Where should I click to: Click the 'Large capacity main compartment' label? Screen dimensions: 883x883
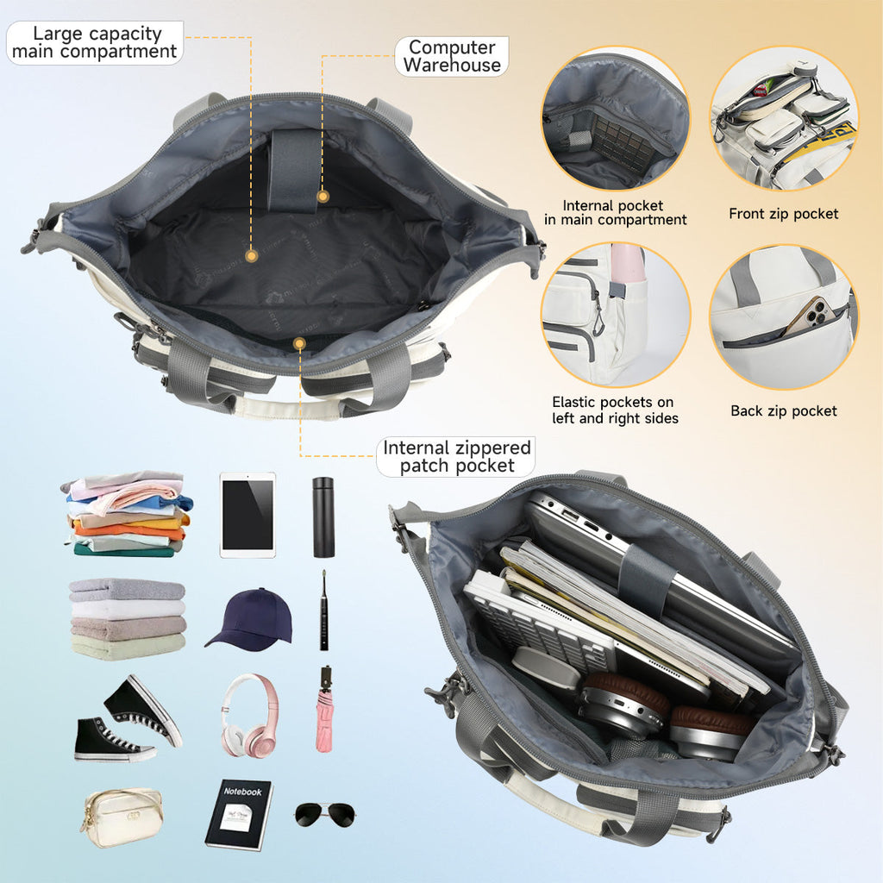[95, 42]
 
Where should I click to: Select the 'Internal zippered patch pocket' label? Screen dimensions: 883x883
[456, 457]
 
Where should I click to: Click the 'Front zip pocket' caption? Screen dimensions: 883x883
[783, 214]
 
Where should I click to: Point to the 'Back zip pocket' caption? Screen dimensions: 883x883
[783, 411]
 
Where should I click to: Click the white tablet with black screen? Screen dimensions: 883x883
[247, 515]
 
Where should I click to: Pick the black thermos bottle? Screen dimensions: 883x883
[323, 517]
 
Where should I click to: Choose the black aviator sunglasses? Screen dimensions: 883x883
[325, 813]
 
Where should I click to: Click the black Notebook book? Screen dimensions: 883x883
[239, 814]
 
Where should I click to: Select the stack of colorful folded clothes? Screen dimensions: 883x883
[128, 514]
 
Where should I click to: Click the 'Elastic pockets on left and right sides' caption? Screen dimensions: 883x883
[615, 410]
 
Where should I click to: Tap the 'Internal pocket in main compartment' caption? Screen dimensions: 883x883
[613, 213]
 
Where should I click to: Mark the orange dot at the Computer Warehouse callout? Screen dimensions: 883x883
[323, 197]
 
